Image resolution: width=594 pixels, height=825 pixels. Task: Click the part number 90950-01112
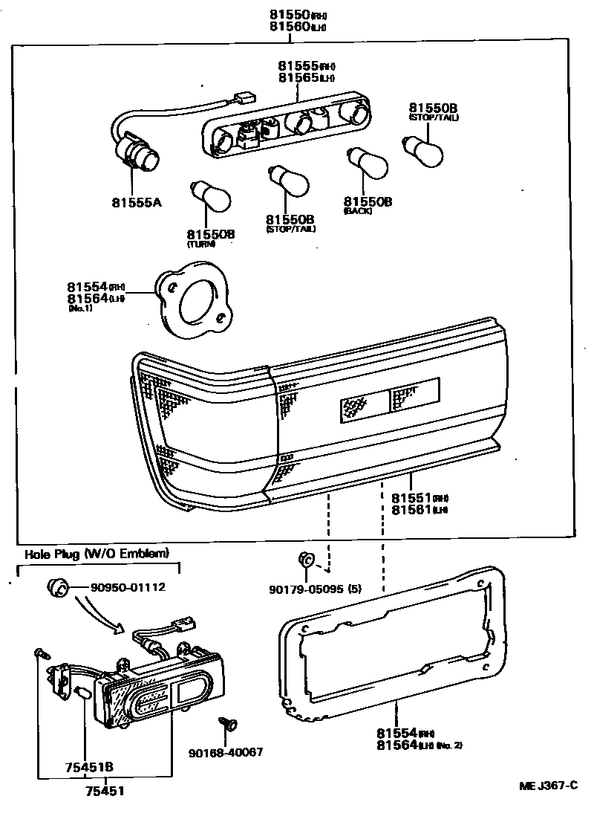[128, 587]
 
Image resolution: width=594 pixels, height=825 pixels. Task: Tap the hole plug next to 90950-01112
[58, 588]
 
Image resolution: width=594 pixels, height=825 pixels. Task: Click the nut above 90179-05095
[304, 559]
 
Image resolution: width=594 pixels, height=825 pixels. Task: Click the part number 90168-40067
[227, 752]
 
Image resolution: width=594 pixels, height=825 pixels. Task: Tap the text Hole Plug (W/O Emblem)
[97, 553]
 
